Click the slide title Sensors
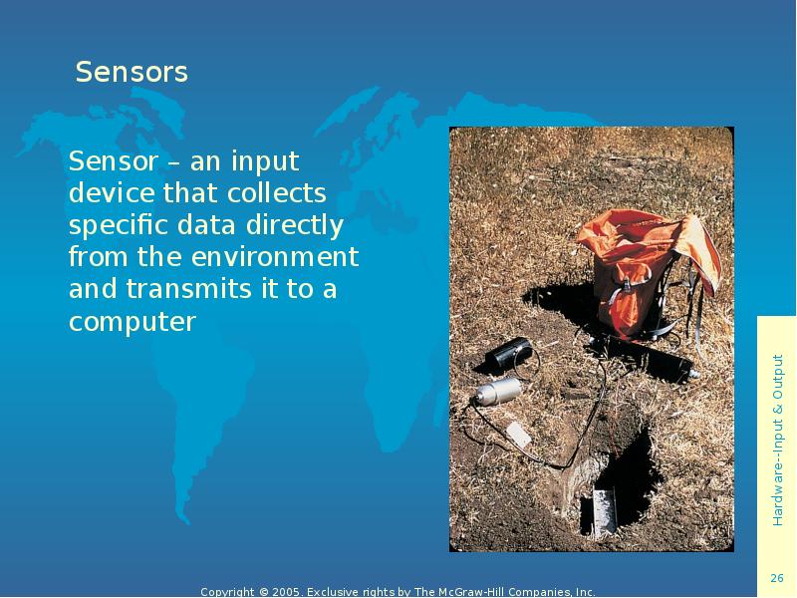coord(132,73)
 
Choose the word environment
coord(268,257)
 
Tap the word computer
coord(133,323)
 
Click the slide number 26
coord(777,579)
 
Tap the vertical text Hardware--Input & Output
coord(777,440)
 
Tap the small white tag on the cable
coord(519,434)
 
